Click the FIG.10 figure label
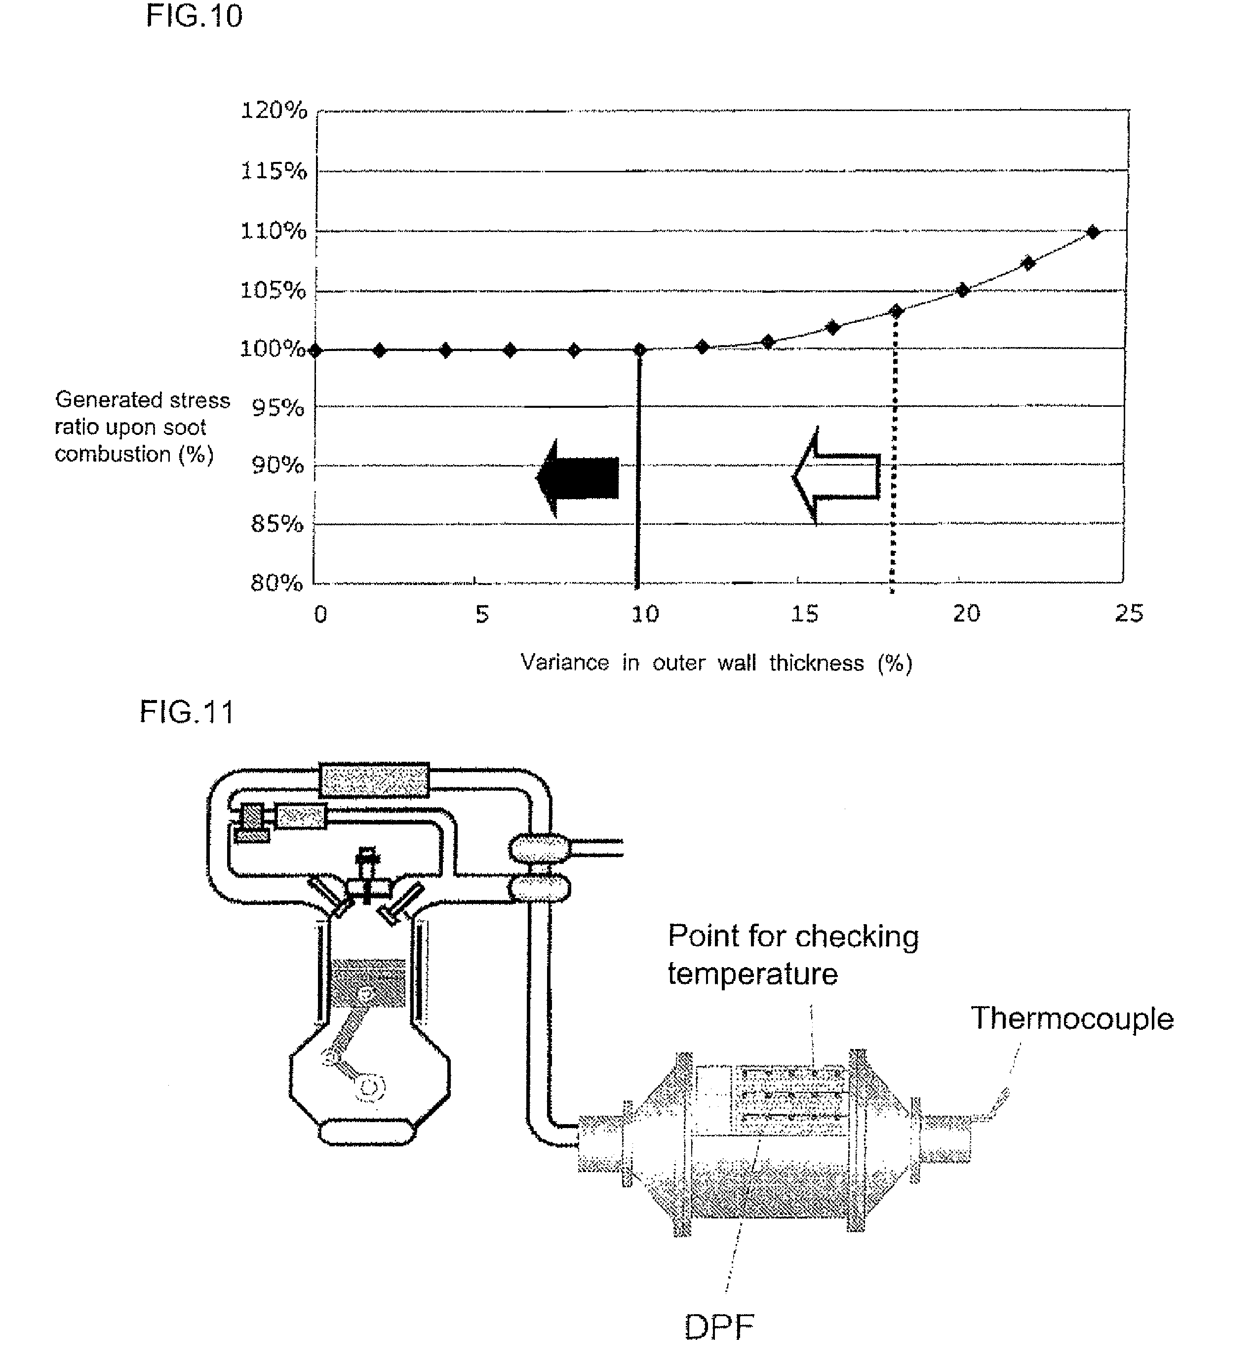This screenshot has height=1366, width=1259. [194, 16]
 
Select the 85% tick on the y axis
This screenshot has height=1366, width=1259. [276, 524]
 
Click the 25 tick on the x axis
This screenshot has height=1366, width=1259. [1128, 614]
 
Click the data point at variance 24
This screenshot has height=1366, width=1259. [1093, 233]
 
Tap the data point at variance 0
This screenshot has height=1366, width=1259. [315, 350]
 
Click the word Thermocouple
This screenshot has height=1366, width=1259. [1072, 1018]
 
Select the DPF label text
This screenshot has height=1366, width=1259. [719, 1326]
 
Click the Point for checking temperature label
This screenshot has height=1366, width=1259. [792, 954]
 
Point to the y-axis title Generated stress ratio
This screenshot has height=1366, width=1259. [142, 427]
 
